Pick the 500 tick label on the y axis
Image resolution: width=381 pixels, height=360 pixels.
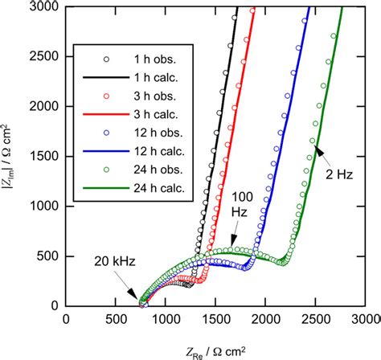pyautogui.click(x=46, y=256)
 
